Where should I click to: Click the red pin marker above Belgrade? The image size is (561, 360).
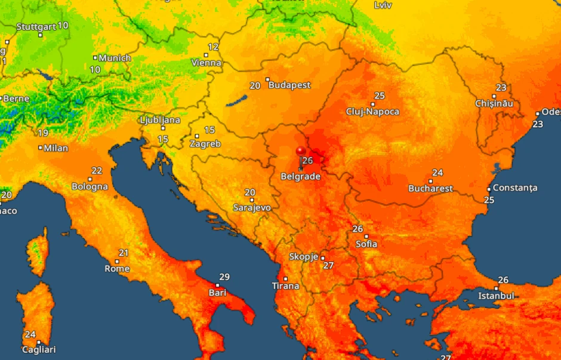(x=301, y=152)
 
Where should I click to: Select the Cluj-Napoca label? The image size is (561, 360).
(x=372, y=112)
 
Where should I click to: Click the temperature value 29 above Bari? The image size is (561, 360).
(x=224, y=277)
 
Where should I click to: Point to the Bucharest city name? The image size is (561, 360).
(x=430, y=189)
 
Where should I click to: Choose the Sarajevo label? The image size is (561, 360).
(x=252, y=208)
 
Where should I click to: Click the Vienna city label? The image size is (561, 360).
(x=206, y=63)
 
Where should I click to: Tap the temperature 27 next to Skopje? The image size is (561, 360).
(x=328, y=266)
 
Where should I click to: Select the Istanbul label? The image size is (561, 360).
(x=496, y=296)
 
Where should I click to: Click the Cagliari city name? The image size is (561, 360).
(x=39, y=350)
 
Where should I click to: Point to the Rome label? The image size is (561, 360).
(x=117, y=269)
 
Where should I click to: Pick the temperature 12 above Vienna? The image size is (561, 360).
(x=213, y=47)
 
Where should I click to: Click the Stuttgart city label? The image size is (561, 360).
(x=36, y=27)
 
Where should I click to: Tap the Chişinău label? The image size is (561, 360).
(x=494, y=103)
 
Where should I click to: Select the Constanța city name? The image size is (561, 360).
(x=515, y=188)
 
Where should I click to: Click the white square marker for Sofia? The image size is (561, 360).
(x=366, y=236)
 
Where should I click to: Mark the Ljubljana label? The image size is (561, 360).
(x=160, y=120)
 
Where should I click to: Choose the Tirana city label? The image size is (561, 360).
(x=285, y=286)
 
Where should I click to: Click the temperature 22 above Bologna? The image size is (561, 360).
(x=97, y=171)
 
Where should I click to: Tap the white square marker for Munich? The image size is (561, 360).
(x=95, y=58)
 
